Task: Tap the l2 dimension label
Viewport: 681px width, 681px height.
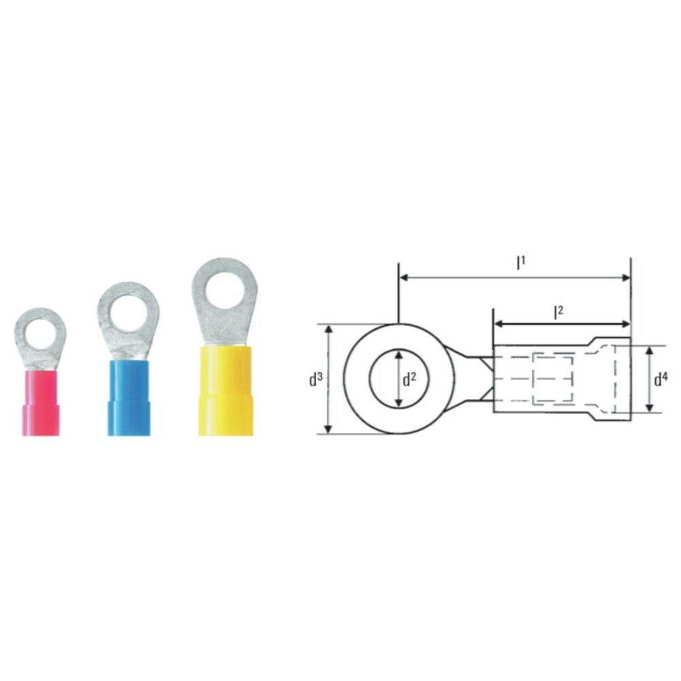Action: pyautogui.click(x=558, y=312)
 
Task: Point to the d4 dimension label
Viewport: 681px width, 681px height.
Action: pyautogui.click(x=661, y=379)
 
